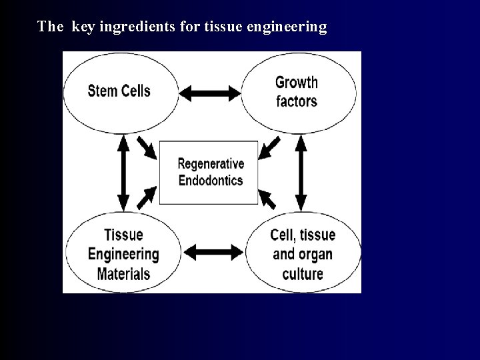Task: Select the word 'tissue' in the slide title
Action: [x=226, y=27]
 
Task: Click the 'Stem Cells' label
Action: [x=119, y=91]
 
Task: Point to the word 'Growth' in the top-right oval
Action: [x=297, y=83]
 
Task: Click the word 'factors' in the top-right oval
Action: [x=297, y=101]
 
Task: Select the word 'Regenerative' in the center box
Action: [x=211, y=164]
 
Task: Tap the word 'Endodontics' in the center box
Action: [x=211, y=180]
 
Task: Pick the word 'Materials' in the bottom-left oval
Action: [x=123, y=273]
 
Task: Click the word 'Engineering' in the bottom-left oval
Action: [x=123, y=254]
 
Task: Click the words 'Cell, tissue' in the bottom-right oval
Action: [x=303, y=235]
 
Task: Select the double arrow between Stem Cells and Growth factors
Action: [x=210, y=94]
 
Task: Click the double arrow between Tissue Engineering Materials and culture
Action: [x=213, y=251]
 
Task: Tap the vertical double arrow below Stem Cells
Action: [x=123, y=172]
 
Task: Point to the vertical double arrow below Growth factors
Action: [x=301, y=172]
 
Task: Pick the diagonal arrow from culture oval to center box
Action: [x=268, y=198]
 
